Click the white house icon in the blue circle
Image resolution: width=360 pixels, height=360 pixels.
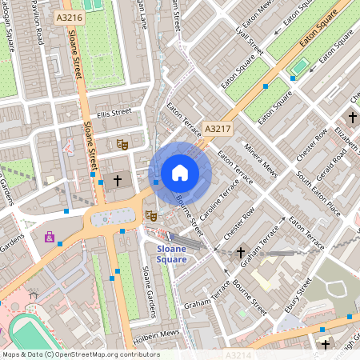[180, 173]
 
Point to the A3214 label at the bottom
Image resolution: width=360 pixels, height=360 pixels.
[238, 354]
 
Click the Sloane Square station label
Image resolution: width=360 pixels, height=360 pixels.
[166, 254]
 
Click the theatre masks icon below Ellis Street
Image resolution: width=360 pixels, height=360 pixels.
[122, 144]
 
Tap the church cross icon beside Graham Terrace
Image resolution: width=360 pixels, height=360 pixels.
[241, 253]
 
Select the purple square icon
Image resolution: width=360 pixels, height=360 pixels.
[50, 237]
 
